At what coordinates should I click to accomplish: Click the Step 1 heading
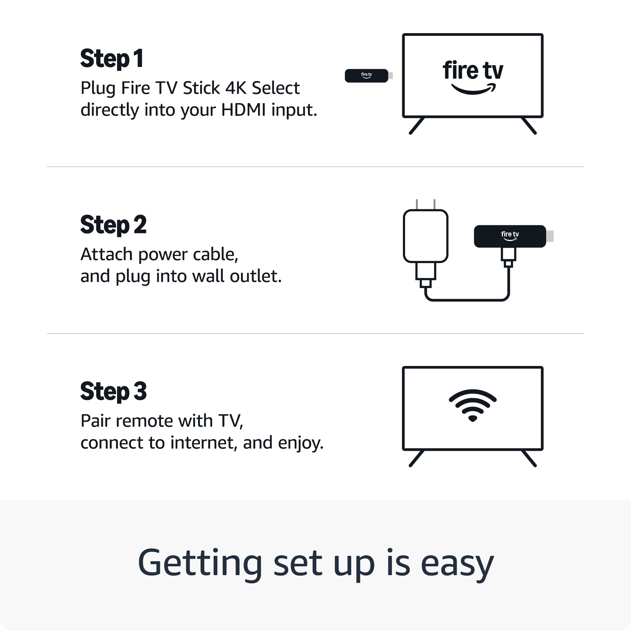coord(112,59)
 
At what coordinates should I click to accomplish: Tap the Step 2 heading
coord(113,225)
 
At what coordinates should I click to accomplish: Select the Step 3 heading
coord(113,391)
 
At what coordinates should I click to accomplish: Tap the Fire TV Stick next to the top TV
coord(366,76)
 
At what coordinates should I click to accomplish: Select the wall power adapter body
coord(425,236)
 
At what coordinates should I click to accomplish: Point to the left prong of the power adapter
coord(417,204)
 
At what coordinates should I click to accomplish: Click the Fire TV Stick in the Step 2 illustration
coord(510,236)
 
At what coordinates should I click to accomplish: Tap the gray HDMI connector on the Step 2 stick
coord(550,236)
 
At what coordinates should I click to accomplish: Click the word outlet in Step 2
coord(256,276)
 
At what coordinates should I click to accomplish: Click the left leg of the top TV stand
coord(417,126)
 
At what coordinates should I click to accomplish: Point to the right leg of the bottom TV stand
coord(529,458)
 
